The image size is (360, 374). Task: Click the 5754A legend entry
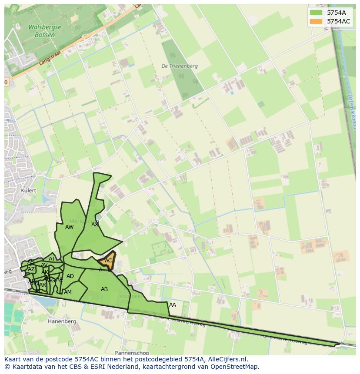point(336,13)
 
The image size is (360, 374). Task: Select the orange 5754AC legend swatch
point(316,21)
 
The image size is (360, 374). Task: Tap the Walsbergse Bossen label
point(45,30)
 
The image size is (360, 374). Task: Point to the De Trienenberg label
point(179,66)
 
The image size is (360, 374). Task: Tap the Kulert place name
point(28,191)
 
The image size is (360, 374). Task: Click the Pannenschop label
point(132,353)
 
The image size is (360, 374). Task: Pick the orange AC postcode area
point(108,261)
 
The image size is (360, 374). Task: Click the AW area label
point(69,227)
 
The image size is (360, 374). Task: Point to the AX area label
point(95,225)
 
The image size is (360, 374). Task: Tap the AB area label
point(104,289)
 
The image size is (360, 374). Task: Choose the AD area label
point(70,276)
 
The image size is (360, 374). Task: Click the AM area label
point(67,292)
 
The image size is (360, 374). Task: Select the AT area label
point(52,259)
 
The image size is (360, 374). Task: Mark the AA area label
point(173,305)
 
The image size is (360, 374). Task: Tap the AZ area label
point(31,269)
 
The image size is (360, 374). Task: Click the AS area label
point(30,262)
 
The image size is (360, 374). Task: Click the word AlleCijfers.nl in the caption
point(227,360)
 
